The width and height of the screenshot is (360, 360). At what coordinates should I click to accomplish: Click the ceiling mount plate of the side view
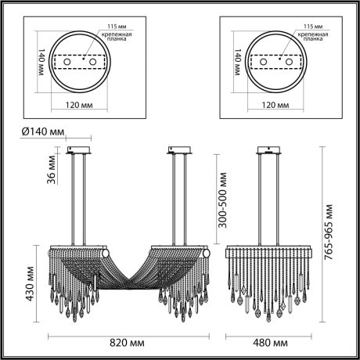(269, 149)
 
